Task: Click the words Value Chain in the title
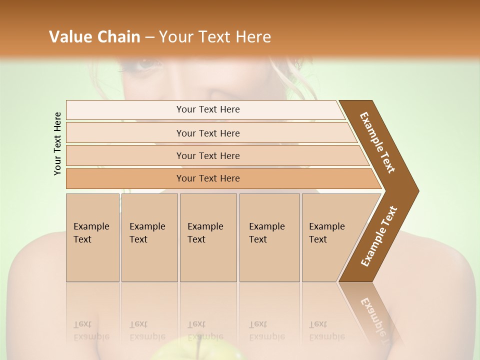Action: coord(94,37)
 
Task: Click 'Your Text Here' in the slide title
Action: coord(215,37)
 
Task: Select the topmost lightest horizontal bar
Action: coord(208,109)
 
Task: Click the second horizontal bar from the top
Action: coord(208,133)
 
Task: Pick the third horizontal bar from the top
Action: coord(208,155)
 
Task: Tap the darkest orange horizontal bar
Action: coord(208,178)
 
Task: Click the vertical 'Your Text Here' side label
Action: coord(57,143)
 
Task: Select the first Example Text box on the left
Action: coord(92,237)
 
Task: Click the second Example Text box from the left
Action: coord(149,237)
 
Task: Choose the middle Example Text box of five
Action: coord(208,237)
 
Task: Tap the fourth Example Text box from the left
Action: coord(269,237)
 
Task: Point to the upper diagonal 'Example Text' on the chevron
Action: coord(377,142)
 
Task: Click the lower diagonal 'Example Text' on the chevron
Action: coord(379,236)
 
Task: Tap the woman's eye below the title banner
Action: coord(146,64)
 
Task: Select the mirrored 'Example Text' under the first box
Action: coord(91,330)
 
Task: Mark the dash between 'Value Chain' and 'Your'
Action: coord(149,37)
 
